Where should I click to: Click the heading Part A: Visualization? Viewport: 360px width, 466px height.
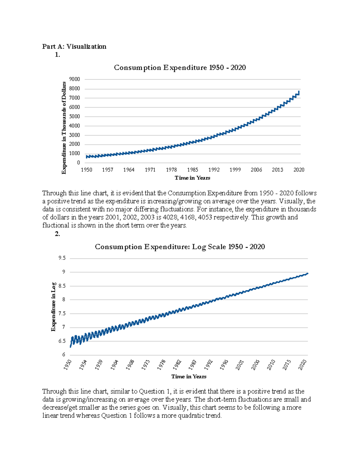[74, 47]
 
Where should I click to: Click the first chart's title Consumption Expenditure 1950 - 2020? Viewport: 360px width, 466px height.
[180, 68]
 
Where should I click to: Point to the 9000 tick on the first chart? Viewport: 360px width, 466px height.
[74, 79]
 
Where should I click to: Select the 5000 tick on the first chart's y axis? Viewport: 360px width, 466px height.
[74, 116]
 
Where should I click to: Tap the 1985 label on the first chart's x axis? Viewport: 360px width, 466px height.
[193, 170]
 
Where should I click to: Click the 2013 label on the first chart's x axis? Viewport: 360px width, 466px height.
[277, 170]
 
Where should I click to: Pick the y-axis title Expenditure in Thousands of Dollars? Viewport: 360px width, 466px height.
[64, 128]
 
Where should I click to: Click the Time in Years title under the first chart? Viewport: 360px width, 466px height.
[192, 178]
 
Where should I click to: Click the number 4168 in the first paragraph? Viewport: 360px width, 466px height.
[188, 217]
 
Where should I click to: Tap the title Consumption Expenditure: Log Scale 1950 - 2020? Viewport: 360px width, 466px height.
[180, 247]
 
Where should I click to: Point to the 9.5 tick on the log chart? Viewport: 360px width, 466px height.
[62, 258]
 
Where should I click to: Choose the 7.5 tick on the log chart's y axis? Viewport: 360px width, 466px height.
[62, 313]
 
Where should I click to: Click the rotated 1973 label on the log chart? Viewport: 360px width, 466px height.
[145, 365]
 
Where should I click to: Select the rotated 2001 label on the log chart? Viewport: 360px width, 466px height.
[239, 365]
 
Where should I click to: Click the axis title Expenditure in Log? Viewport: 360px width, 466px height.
[53, 307]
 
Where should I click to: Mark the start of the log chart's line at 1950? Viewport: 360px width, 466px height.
[70, 347]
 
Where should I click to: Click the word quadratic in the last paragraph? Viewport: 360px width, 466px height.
[190, 416]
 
